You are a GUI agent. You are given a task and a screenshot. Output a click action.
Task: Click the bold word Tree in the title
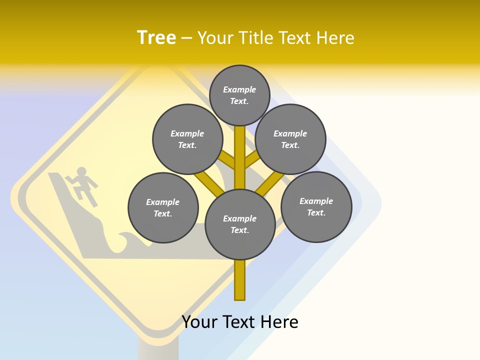coord(156,37)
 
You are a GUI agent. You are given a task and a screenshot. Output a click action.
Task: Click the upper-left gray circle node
coord(187,139)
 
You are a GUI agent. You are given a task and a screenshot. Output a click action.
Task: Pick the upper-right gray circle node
coord(290,139)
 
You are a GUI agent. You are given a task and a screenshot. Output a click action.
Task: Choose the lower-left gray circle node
coord(163,207)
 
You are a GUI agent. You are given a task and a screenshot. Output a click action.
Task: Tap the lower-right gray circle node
coord(316,206)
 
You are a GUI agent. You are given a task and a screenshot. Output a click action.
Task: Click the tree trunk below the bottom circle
coord(239,280)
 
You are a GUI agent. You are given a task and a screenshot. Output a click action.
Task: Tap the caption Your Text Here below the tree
coord(239,322)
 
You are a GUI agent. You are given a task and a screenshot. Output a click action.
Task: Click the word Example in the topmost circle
coord(239,89)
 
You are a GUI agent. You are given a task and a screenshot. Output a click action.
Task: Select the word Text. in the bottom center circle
coord(239,230)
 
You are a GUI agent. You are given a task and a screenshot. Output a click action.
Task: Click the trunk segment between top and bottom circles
coord(239,157)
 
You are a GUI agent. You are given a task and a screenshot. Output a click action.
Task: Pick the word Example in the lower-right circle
coord(316,201)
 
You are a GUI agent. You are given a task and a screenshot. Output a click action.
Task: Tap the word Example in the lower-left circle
coord(162,202)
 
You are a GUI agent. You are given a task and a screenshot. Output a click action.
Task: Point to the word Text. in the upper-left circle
coord(187,145)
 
